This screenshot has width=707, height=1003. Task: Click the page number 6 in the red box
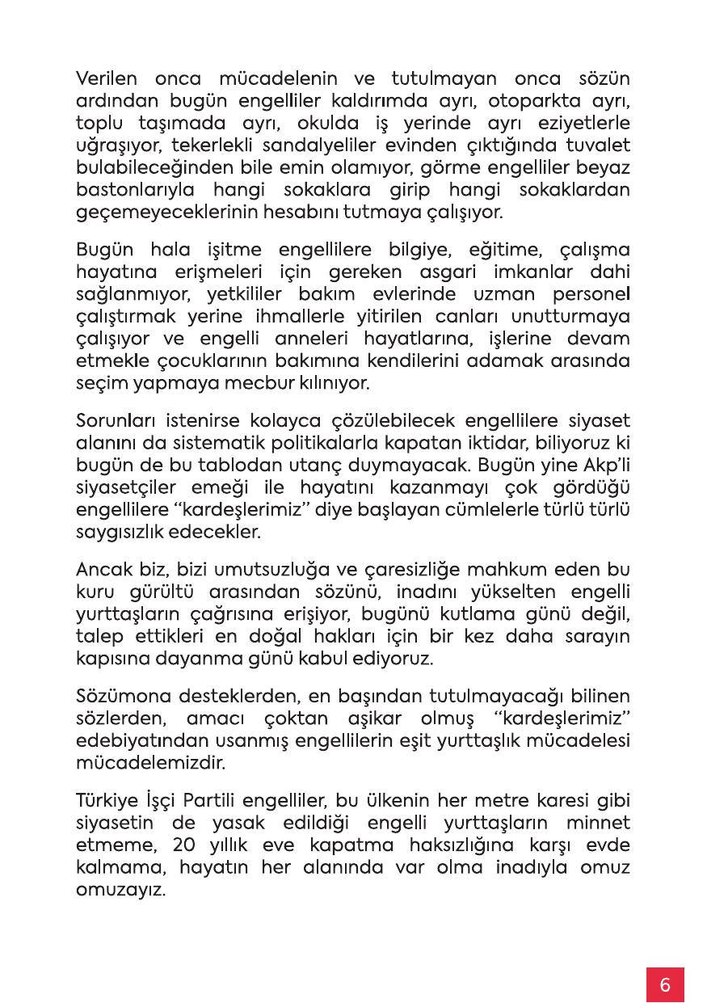coord(665,984)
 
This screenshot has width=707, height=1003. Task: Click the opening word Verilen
coord(106,79)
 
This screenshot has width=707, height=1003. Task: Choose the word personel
coord(590,293)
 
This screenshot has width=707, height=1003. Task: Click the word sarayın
coord(596,637)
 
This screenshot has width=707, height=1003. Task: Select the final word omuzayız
coord(120,891)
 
